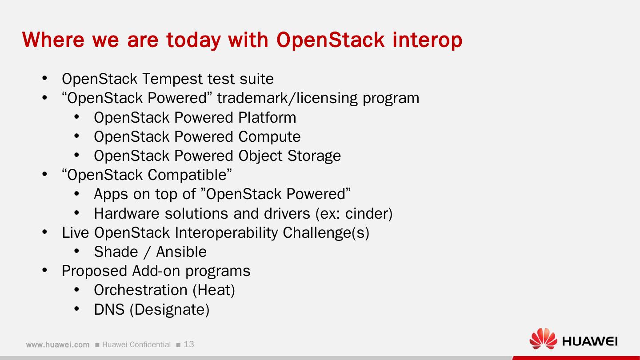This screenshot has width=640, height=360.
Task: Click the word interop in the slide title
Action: pos(427,40)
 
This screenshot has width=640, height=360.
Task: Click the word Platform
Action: pos(267,118)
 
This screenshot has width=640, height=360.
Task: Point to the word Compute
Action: pos(269,137)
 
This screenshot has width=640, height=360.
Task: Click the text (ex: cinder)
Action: pos(354,214)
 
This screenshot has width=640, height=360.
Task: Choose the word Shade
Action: pos(116,252)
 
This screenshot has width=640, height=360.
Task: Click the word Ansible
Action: pos(181,252)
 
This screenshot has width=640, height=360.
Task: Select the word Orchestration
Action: pos(140,290)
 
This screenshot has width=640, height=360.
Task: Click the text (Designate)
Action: pos(169,309)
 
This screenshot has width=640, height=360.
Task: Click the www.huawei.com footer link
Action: pos(57,345)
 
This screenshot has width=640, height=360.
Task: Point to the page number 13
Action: pos(189,344)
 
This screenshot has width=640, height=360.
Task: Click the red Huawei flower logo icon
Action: pos(543,340)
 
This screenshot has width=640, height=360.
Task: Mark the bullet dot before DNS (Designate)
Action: pos(76,309)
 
